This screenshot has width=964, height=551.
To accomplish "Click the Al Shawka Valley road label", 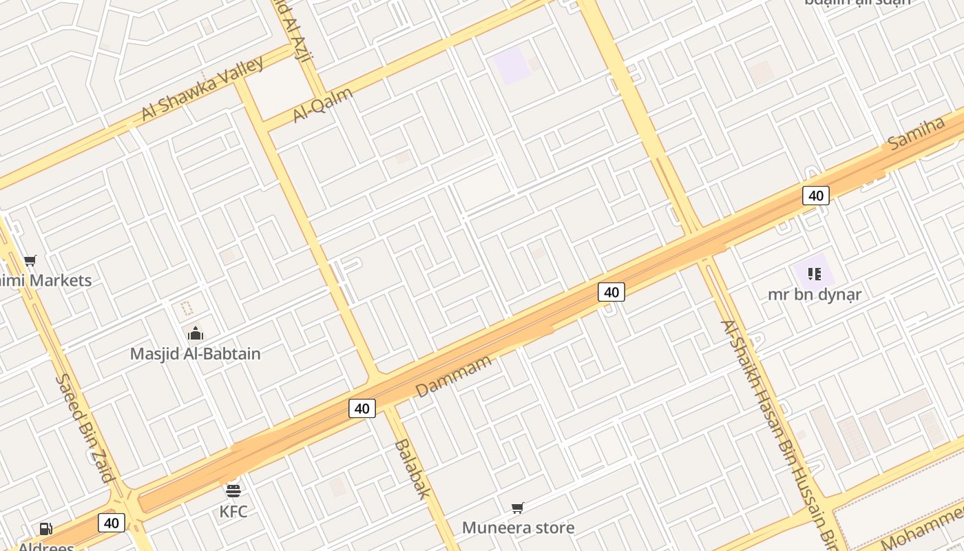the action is [x=202, y=89].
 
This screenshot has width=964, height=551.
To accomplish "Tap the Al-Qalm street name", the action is [x=323, y=105].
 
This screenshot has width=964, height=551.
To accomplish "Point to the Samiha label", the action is [x=916, y=133].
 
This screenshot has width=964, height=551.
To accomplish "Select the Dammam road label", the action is [x=454, y=376].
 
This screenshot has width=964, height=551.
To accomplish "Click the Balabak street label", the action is [x=412, y=468].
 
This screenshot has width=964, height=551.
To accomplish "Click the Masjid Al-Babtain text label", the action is [x=196, y=354].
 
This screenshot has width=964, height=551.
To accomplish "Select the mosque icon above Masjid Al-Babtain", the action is [x=196, y=334].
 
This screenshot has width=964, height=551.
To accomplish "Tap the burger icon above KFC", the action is [x=233, y=491].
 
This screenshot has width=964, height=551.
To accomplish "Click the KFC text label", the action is [x=233, y=512].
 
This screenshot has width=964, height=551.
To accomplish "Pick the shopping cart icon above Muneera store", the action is [x=518, y=508].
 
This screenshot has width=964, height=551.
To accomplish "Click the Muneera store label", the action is [x=518, y=528].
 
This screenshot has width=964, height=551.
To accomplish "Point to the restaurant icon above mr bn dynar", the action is [x=815, y=274].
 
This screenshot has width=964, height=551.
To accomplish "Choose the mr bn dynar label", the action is [x=815, y=295].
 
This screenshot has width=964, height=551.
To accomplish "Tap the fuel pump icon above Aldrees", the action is [x=45, y=529].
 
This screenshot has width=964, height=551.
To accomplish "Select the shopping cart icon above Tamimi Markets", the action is [x=30, y=260].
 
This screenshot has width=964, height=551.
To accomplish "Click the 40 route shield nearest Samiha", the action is [x=816, y=196].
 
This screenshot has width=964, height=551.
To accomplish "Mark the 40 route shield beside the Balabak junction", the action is [x=362, y=408].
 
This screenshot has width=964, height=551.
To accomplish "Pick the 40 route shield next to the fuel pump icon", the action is [x=112, y=523].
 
